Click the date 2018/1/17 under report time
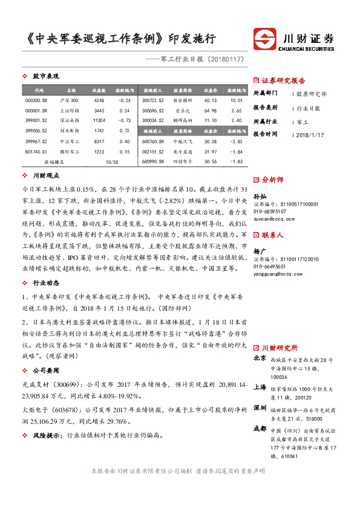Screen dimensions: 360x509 click(x=310, y=134)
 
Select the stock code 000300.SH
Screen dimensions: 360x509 click(x=36, y=100)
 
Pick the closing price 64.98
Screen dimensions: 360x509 click(x=211, y=111)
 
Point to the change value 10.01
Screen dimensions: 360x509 click(x=236, y=100)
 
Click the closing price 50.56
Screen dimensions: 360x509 click(x=211, y=162)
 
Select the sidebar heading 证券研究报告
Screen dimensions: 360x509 click(x=283, y=80)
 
